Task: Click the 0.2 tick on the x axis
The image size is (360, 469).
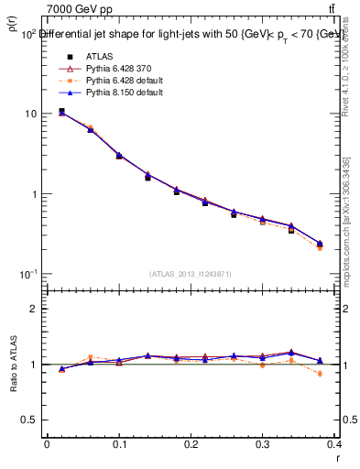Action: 191,444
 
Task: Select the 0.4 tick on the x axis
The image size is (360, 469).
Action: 335,444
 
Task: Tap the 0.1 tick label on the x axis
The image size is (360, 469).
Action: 118,444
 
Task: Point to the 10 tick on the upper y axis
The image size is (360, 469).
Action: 30,114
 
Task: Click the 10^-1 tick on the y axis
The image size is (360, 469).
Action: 27,275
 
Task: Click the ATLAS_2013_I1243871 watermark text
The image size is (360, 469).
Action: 191,274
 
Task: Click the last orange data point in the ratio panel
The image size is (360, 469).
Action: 345,374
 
